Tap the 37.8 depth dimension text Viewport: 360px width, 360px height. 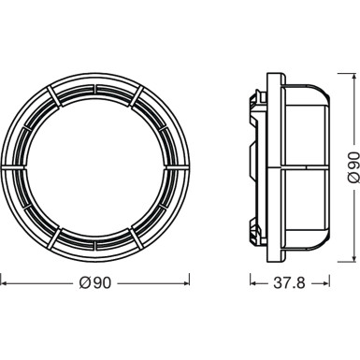pos(286,254)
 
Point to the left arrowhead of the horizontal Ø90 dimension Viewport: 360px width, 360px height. pos(4,254)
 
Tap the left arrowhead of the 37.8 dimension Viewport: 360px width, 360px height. pos(251,254)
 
